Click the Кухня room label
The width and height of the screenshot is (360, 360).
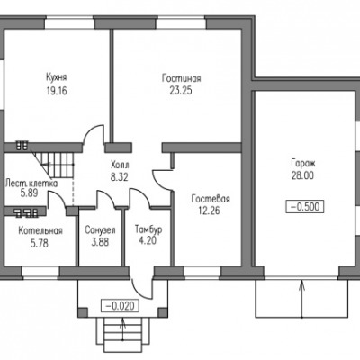coord(56,77)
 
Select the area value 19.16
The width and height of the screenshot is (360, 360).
coord(57,91)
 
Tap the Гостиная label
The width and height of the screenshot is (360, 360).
coord(182,78)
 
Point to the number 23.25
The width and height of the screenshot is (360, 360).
coord(181,91)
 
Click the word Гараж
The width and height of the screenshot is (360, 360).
coord(303,164)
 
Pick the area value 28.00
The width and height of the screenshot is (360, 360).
coord(302,175)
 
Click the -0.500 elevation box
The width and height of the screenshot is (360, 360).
coord(305,207)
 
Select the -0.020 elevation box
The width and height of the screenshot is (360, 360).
coord(121,306)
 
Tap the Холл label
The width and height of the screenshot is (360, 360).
coord(120,165)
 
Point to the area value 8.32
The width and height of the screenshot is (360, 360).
coord(119,177)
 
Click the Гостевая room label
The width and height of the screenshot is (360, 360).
coord(211,199)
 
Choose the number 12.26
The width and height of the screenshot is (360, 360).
coord(209,211)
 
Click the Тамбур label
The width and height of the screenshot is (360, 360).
coord(148,229)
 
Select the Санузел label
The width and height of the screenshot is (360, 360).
coord(100,230)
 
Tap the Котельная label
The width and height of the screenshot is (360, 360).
coord(40,230)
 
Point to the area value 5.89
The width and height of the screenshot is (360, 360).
coord(29,193)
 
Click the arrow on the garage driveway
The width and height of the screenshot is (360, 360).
coord(301,299)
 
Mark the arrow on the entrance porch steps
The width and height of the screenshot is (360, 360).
coord(122,329)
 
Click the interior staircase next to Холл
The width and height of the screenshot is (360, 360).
coord(54,165)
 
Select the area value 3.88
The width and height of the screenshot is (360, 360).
coord(100,242)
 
